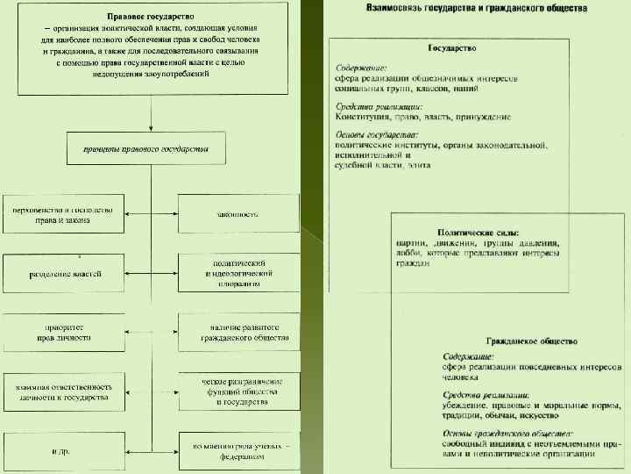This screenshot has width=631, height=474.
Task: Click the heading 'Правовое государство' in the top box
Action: pos(152,17)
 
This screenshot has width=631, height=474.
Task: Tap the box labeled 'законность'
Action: pos(238,214)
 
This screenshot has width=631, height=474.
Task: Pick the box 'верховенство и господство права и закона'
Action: pos(65,215)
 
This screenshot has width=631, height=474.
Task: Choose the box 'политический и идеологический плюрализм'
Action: pos(238,274)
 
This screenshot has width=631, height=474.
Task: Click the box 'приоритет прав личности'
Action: pos(65,331)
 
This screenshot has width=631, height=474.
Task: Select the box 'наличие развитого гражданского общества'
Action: pos(238,331)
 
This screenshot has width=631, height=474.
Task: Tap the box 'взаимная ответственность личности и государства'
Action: pos(65,391)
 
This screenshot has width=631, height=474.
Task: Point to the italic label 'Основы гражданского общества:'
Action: pos(507,434)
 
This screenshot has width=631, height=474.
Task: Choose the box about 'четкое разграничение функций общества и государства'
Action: pos(238,391)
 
